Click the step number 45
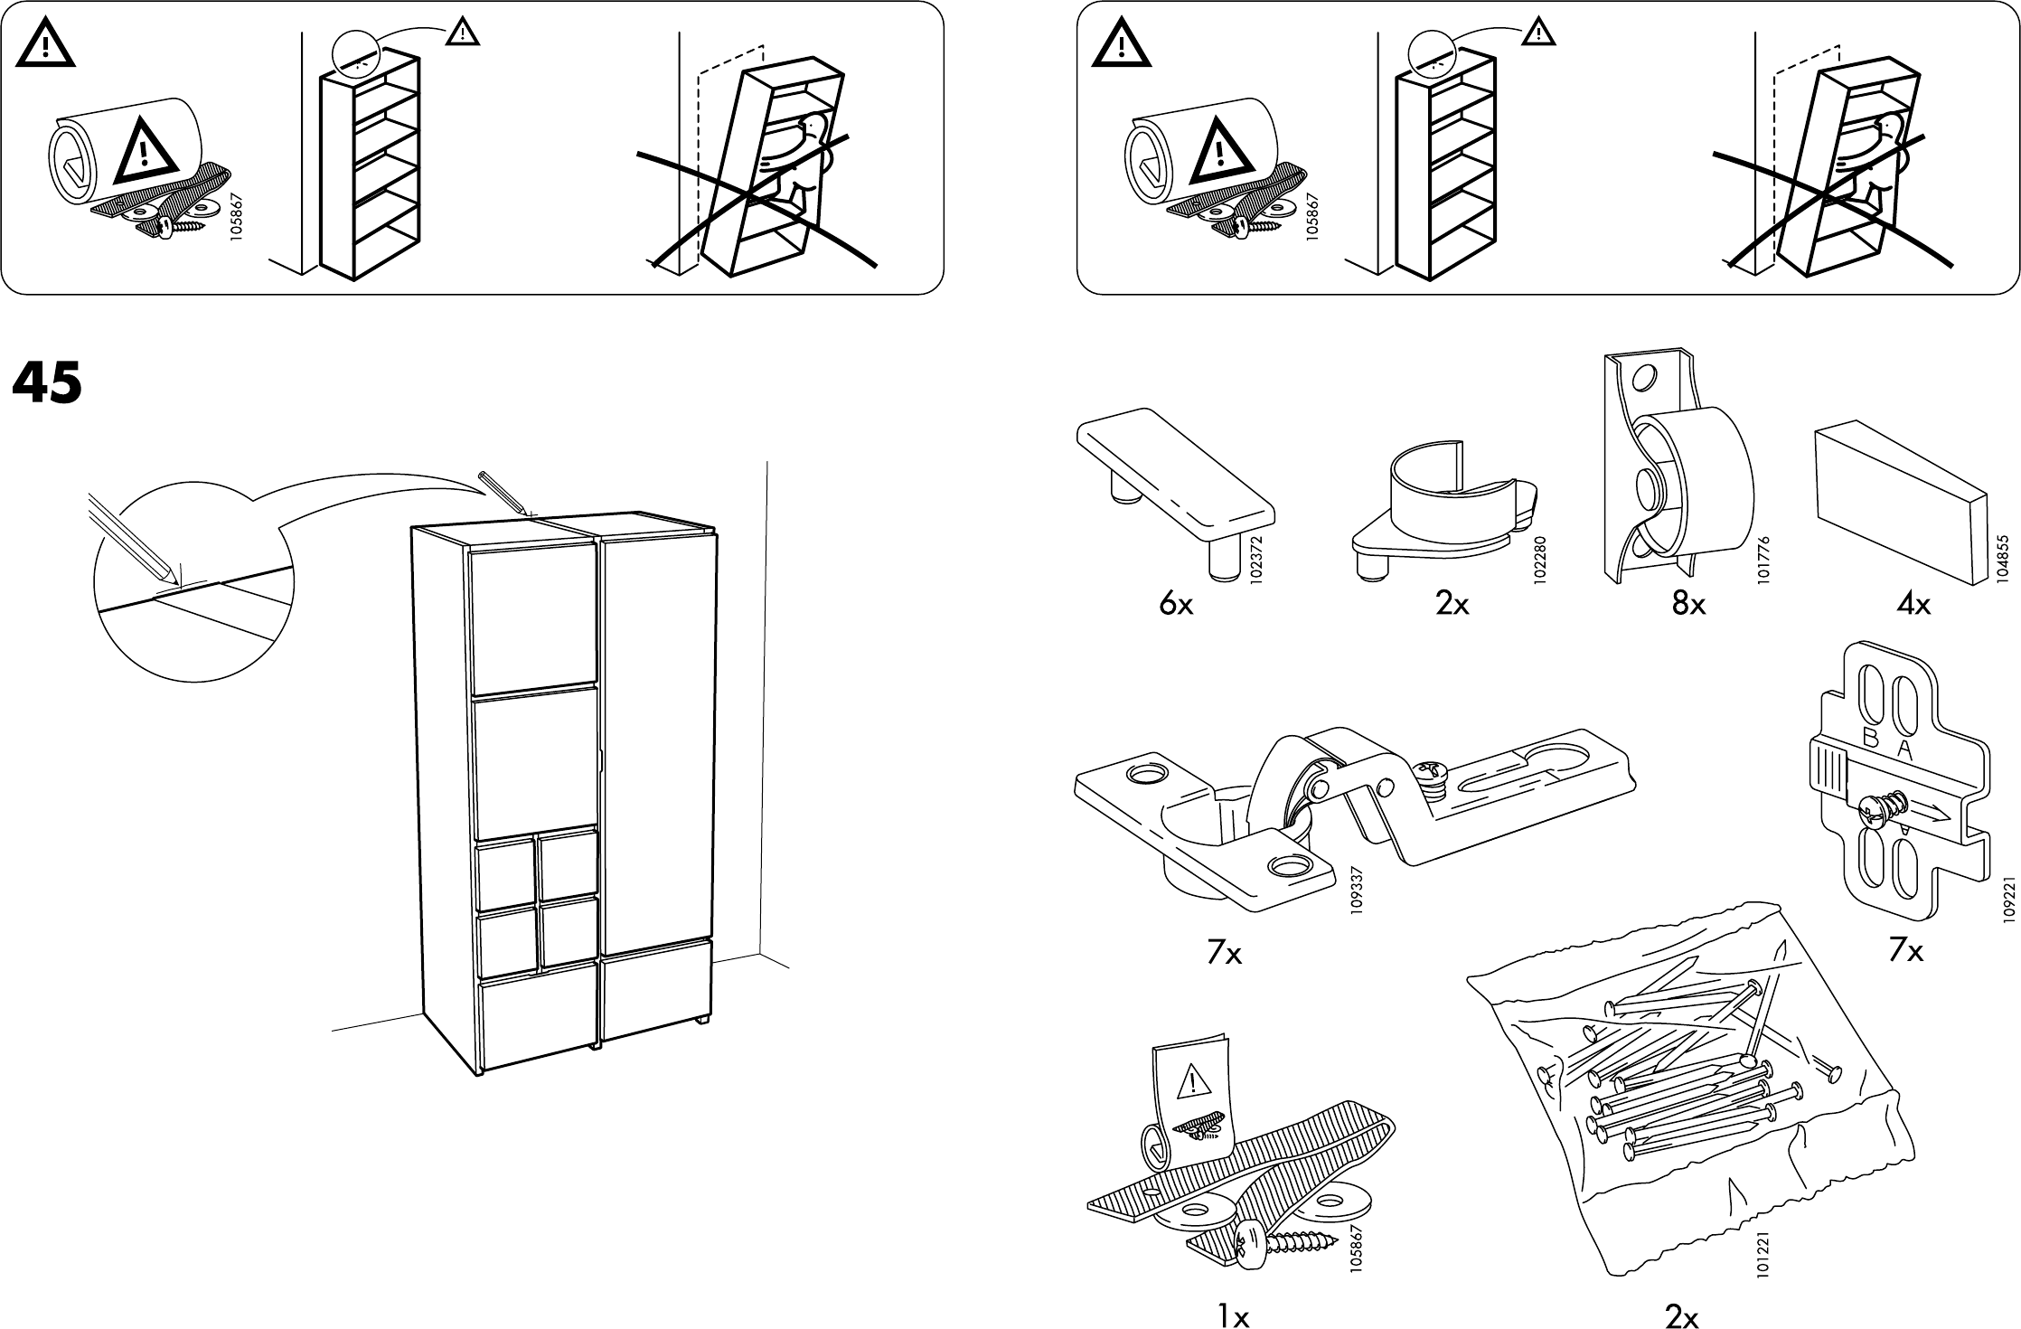pos(47,383)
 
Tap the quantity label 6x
pos(1176,605)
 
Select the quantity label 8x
pos(1687,605)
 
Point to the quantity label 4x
pos(1913,605)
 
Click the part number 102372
pos(1256,560)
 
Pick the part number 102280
pos(1541,560)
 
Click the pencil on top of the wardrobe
pos(503,492)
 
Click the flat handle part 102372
pos(1175,484)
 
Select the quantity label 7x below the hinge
pos(1224,953)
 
